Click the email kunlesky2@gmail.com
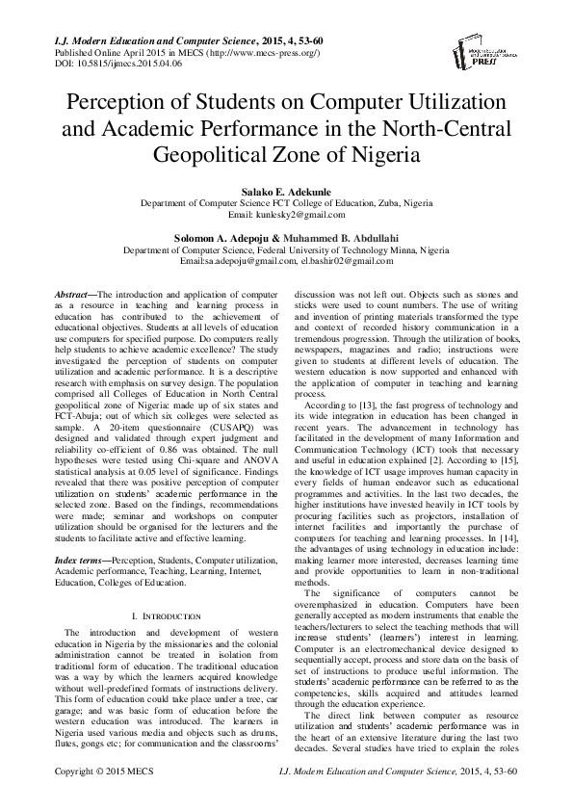[286, 216]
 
